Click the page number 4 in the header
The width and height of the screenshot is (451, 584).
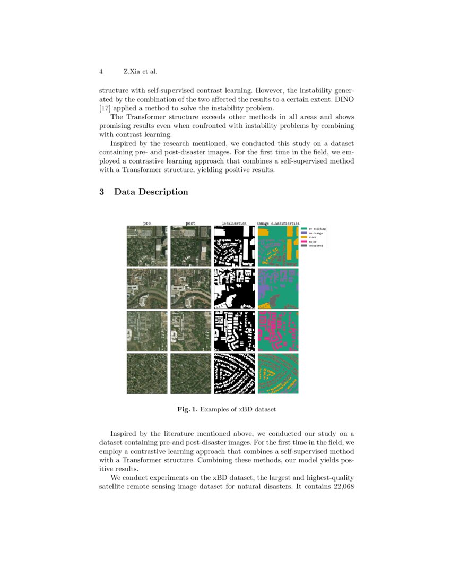101,72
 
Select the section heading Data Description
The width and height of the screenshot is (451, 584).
151,192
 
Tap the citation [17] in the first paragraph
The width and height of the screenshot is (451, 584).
105,108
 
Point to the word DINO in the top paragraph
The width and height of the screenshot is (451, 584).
343,100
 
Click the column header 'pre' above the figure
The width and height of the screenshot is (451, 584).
147,223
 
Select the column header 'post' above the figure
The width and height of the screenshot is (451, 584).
190,223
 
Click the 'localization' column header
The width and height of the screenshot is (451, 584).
234,223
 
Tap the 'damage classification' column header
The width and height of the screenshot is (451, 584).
278,223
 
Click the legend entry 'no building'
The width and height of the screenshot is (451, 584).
317,228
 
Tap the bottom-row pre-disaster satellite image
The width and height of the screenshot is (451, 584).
147,374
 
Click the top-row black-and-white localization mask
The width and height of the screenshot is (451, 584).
234,246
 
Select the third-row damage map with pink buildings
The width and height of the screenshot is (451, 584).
278,331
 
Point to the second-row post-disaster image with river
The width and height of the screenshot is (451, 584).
190,288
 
